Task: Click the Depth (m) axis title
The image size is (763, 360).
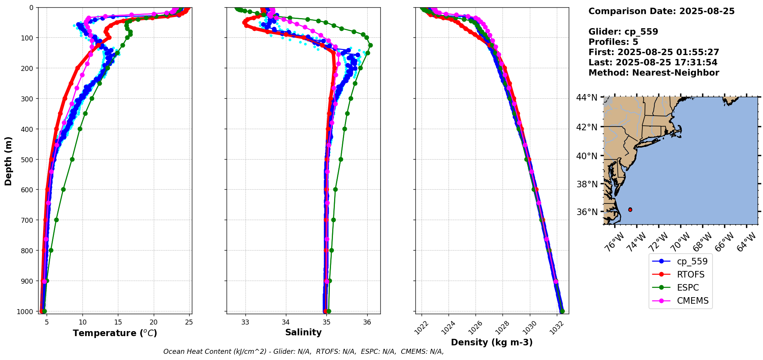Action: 8,161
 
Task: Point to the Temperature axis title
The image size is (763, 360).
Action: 115,333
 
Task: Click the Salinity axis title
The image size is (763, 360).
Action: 303,332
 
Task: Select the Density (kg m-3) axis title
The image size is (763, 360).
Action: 492,342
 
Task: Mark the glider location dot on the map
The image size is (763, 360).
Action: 630,210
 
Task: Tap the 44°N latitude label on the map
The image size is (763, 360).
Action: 587,98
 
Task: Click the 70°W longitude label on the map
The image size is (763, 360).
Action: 681,242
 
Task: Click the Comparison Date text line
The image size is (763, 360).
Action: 661,11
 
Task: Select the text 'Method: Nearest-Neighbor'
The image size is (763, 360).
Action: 654,73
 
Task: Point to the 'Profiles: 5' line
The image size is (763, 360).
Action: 613,42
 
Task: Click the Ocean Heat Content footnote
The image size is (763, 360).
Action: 303,352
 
